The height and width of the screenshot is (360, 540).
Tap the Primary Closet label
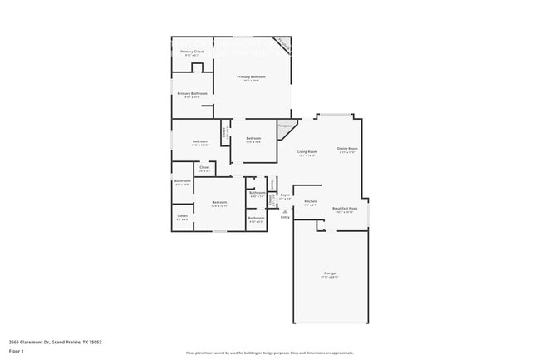192,52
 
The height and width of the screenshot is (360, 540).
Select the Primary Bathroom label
192,94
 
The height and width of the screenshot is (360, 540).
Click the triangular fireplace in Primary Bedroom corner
283,44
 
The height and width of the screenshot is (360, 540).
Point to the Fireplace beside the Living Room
284,126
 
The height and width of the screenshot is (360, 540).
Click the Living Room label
307,151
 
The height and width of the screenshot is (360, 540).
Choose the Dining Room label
347,149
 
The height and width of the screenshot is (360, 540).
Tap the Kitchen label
310,202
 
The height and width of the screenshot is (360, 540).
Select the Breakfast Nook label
345,208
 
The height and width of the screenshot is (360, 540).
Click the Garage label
329,273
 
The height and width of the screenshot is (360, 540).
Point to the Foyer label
284,195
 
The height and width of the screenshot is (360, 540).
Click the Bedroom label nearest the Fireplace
253,138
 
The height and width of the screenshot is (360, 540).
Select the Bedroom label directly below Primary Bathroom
200,141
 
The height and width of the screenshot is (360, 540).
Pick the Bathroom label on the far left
183,180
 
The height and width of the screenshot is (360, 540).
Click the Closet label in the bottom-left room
183,215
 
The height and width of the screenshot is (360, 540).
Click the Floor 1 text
17,351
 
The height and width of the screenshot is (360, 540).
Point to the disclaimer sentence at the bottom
270,353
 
